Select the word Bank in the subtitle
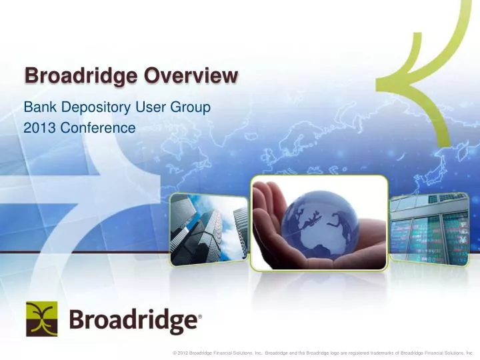coord(38,105)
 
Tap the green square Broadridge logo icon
coord(41,319)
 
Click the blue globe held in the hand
coord(319,223)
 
